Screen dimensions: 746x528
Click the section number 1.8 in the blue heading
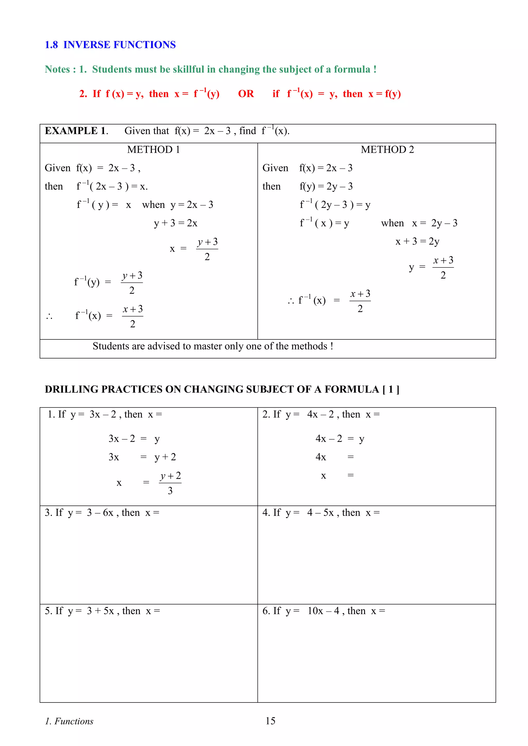coord(51,45)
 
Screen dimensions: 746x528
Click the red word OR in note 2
coord(246,94)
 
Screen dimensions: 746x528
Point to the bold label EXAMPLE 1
coord(76,131)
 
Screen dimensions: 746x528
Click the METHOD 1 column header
coord(153,149)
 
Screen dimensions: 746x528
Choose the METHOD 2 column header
coord(387,149)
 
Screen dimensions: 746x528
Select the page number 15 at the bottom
coord(270,721)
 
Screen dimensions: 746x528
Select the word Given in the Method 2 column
coord(275,168)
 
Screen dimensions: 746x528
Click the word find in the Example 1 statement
coord(247,131)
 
